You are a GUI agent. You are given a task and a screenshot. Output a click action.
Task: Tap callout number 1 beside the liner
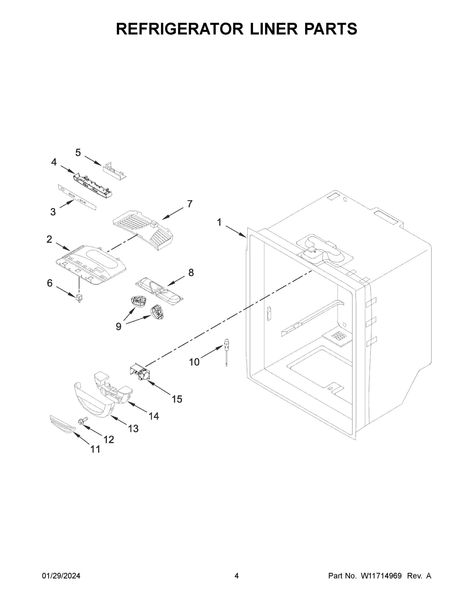219,223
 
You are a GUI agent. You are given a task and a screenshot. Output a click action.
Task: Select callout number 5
78,153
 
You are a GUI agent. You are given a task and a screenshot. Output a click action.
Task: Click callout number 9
119,326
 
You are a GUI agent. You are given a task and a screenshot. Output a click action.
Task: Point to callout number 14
154,416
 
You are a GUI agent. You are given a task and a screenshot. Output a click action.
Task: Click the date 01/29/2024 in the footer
61,576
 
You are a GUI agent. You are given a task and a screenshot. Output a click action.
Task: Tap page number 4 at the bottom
237,576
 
